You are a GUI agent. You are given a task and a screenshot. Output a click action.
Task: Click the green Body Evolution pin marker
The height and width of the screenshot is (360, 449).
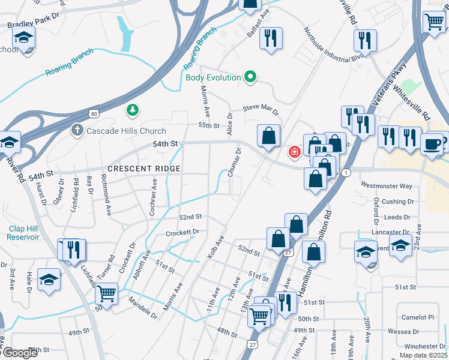click(x=251, y=77)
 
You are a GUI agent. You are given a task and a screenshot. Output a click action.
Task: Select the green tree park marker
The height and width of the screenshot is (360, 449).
click(x=132, y=110)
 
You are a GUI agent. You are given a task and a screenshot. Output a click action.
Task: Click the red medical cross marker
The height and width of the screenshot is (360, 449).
click(x=295, y=152)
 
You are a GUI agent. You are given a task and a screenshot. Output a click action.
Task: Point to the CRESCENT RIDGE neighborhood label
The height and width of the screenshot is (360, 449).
click(x=144, y=169)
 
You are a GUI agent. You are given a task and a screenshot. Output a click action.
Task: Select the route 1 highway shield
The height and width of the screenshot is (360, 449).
click(x=346, y=173)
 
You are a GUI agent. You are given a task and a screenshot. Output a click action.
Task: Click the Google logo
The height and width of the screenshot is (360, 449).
click(x=19, y=353)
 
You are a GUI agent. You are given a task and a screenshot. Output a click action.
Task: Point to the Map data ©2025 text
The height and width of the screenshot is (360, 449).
click(x=423, y=355)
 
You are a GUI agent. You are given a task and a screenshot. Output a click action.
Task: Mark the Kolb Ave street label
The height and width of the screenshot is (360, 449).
click(x=215, y=248)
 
